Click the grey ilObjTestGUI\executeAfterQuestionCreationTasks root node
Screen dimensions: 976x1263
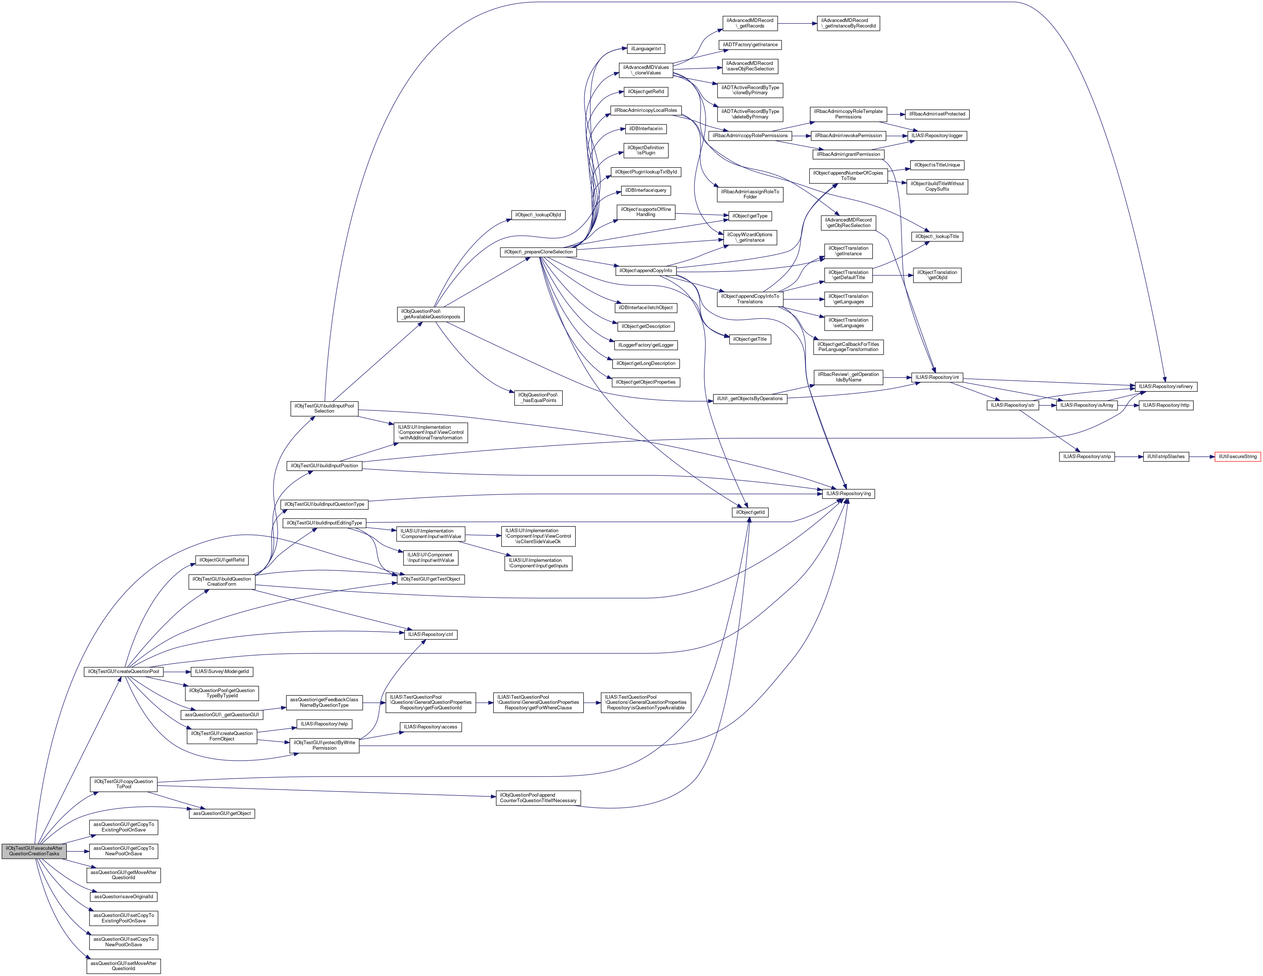tap(34, 851)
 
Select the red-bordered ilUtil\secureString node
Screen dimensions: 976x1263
tap(1238, 457)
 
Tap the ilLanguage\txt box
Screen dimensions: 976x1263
tap(646, 48)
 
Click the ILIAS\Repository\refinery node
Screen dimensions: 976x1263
tap(1165, 386)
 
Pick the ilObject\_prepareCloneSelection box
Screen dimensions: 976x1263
tap(538, 252)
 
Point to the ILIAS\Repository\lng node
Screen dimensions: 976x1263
tap(848, 494)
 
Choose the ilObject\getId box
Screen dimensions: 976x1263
tap(750, 512)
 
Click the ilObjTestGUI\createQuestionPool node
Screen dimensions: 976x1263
tap(123, 671)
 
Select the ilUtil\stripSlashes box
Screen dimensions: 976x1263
tap(1166, 457)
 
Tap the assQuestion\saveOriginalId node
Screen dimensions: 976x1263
tap(124, 897)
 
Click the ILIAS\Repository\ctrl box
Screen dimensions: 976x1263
tap(430, 634)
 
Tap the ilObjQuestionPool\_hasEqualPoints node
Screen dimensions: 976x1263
tap(538, 398)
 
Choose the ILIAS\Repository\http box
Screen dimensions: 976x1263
tap(1166, 405)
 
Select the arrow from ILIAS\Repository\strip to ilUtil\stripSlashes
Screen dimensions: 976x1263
tap(1129, 457)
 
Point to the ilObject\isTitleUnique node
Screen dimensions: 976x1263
tap(937, 165)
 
